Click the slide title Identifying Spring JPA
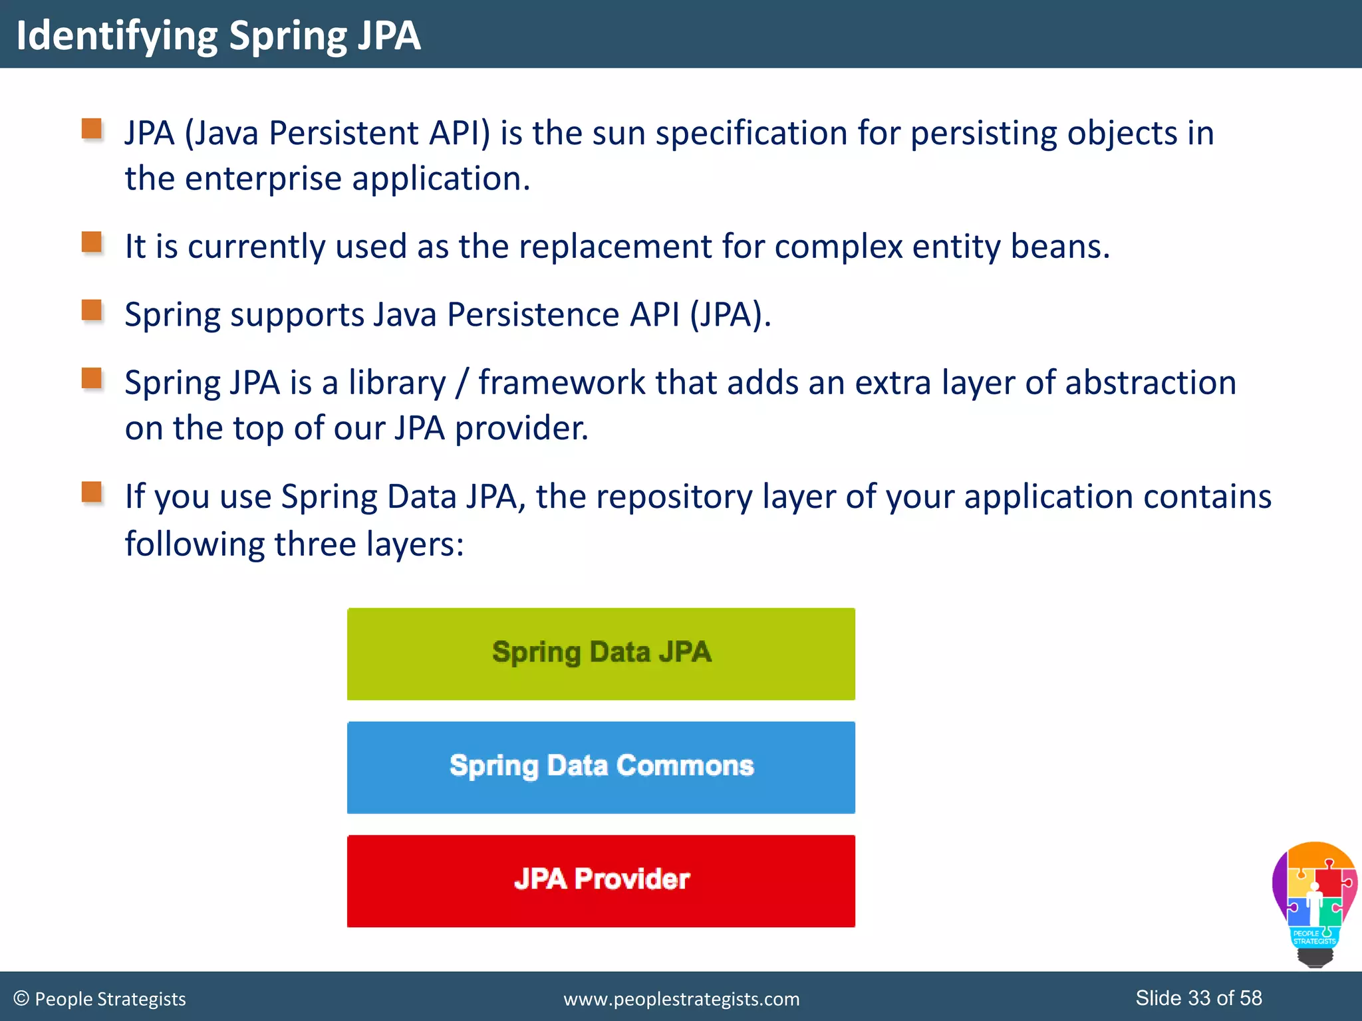coord(218,35)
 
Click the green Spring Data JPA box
coord(601,653)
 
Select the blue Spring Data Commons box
coord(601,767)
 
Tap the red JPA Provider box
coord(601,881)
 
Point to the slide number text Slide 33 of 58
coord(1198,998)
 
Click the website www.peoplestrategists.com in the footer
coord(681,999)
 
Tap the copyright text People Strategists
coord(100,999)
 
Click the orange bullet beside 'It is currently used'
coord(92,242)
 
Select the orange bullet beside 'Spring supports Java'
coord(92,310)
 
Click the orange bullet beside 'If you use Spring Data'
coord(92,493)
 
